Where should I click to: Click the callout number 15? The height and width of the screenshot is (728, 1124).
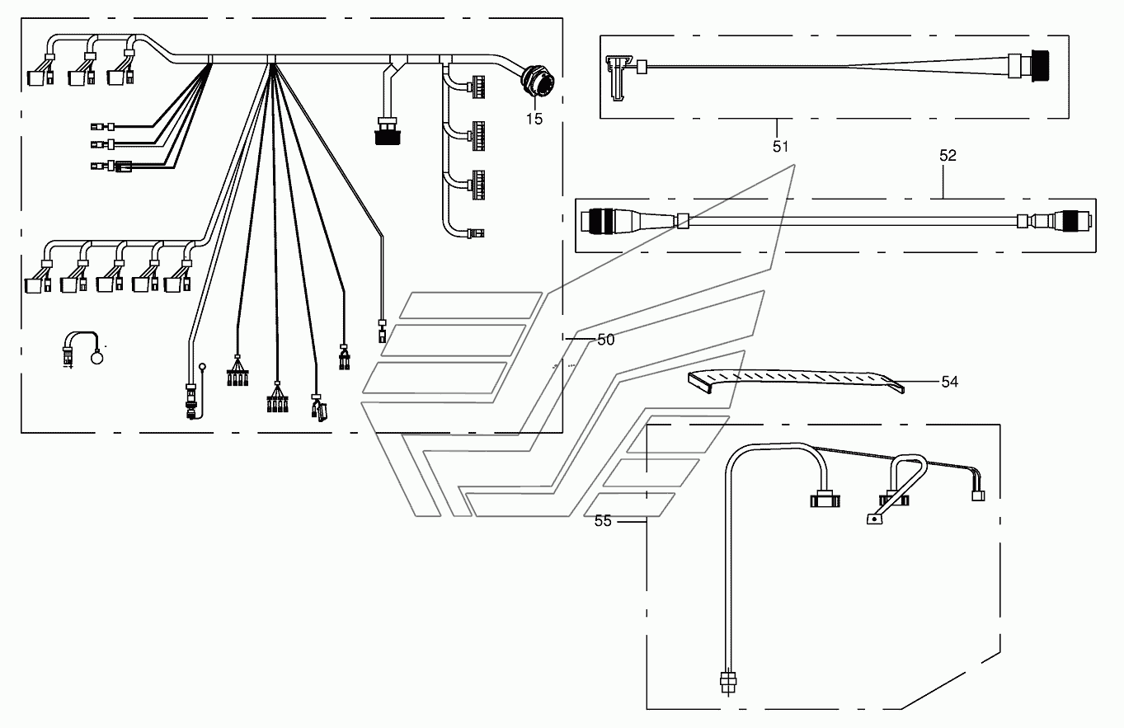(x=534, y=120)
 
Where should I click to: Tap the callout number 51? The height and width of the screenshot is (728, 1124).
(x=780, y=147)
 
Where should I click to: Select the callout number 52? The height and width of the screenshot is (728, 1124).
(x=948, y=156)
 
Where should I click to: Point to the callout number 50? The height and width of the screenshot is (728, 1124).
(x=606, y=340)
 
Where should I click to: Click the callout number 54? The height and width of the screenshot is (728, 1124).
(x=950, y=382)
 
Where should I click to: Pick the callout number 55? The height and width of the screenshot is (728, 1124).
(x=603, y=521)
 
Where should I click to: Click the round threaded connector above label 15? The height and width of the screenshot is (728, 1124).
(x=538, y=82)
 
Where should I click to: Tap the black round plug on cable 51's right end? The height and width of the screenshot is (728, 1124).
(x=1040, y=65)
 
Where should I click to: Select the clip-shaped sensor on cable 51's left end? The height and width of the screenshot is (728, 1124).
(x=617, y=77)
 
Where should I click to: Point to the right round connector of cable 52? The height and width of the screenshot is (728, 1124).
(x=1072, y=221)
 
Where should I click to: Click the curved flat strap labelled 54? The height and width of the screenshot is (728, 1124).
(x=796, y=381)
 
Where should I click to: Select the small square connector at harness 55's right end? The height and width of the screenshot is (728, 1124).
(x=978, y=496)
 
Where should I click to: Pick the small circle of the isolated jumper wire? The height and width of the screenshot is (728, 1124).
(x=96, y=358)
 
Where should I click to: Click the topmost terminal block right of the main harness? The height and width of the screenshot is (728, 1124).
(x=477, y=87)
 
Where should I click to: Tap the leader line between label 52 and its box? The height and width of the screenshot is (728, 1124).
(x=943, y=181)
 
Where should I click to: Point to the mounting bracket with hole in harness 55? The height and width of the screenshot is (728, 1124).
(x=875, y=519)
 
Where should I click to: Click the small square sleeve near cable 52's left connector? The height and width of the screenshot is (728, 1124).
(x=683, y=221)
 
